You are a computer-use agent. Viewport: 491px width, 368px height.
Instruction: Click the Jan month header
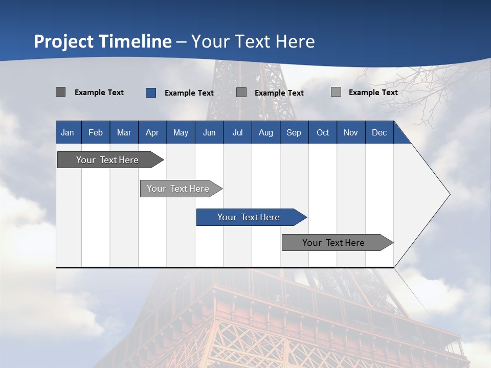pyautogui.click(x=68, y=132)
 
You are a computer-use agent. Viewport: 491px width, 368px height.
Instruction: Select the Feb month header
pyautogui.click(x=96, y=132)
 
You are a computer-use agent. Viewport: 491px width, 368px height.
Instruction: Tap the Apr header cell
pyautogui.click(x=152, y=132)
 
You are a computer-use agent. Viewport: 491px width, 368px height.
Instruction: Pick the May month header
pyautogui.click(x=181, y=132)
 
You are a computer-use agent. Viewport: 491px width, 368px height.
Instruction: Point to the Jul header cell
pyautogui.click(x=237, y=132)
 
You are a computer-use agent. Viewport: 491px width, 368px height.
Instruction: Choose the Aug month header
pyautogui.click(x=266, y=132)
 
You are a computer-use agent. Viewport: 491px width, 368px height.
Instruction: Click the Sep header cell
pyautogui.click(x=294, y=132)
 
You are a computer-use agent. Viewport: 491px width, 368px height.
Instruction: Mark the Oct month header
pyautogui.click(x=323, y=132)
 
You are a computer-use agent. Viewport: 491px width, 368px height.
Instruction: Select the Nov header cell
pyautogui.click(x=351, y=132)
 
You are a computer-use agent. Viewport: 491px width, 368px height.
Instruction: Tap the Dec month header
pyautogui.click(x=380, y=132)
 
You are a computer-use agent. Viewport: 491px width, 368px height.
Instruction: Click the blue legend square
pyautogui.click(x=150, y=93)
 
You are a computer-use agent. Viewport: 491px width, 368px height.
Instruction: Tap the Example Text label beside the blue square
pyautogui.click(x=189, y=93)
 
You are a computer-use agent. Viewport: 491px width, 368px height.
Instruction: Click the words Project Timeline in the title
pyautogui.click(x=103, y=41)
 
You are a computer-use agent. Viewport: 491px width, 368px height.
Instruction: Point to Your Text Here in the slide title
pyautogui.click(x=253, y=41)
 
